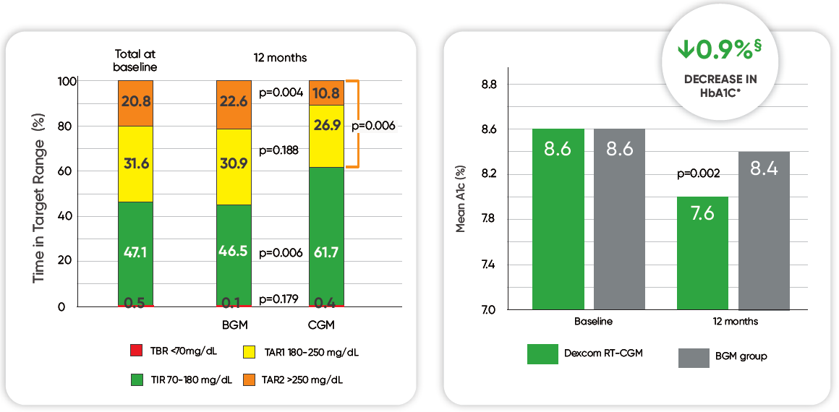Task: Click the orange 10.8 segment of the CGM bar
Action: [x=326, y=93]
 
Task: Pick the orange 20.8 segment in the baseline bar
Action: [x=136, y=103]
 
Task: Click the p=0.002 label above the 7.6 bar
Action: [x=699, y=174]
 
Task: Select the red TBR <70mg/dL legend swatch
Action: [x=136, y=351]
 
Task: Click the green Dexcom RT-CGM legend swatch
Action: [x=543, y=353]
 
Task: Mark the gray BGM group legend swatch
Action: [x=694, y=357]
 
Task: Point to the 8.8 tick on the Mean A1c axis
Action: [x=489, y=85]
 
